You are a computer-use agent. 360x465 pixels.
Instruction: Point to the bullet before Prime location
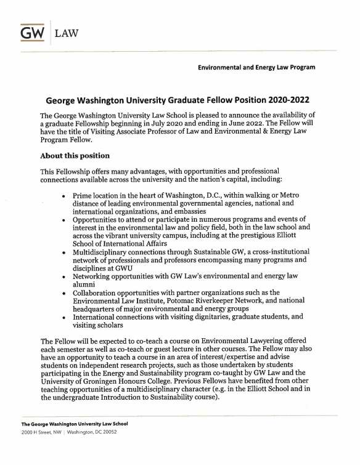[x=64, y=195]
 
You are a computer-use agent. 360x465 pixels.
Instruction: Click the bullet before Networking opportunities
[x=64, y=278]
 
